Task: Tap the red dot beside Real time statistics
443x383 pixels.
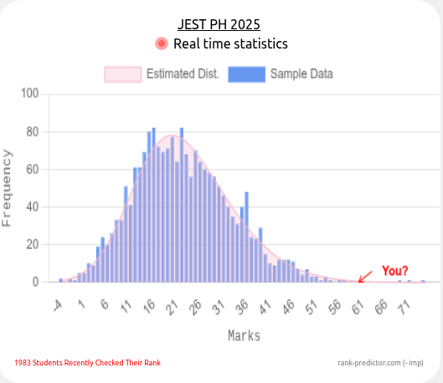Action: (x=161, y=43)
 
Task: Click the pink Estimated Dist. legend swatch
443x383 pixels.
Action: (x=122, y=74)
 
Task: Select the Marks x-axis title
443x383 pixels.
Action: (x=244, y=335)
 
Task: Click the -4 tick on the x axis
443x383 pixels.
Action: (x=57, y=305)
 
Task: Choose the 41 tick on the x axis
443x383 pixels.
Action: (x=264, y=305)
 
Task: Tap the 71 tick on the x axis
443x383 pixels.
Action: (x=403, y=305)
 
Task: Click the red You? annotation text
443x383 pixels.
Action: (x=395, y=270)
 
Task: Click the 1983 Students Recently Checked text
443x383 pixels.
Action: (x=87, y=363)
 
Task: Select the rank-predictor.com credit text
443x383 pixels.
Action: (x=380, y=363)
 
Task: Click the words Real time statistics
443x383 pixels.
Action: (x=230, y=43)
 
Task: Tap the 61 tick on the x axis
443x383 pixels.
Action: (x=357, y=305)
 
